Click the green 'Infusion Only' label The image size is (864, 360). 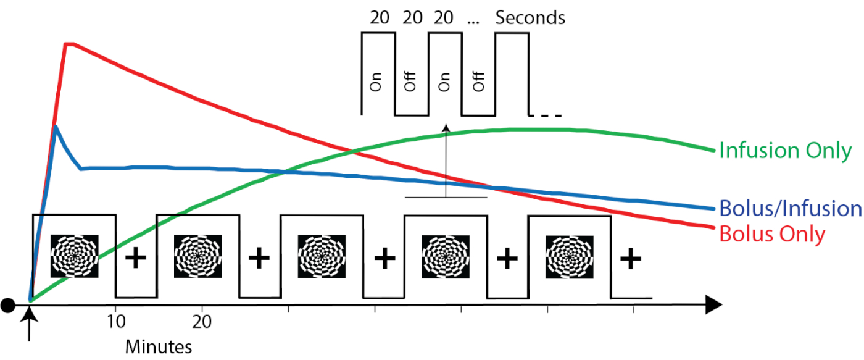pos(785,151)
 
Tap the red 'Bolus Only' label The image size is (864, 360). pos(772,235)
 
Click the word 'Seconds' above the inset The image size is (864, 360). pos(530,18)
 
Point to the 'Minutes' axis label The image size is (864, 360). pos(159,346)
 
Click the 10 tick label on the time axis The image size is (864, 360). pos(116,322)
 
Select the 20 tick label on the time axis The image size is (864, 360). pos(202,322)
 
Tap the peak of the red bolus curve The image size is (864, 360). pos(69,43)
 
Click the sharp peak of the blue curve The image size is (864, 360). pos(56,127)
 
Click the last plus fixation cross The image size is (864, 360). pos(630,259)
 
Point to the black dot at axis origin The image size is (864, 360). pos(8,304)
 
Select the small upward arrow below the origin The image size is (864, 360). pos(30,321)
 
